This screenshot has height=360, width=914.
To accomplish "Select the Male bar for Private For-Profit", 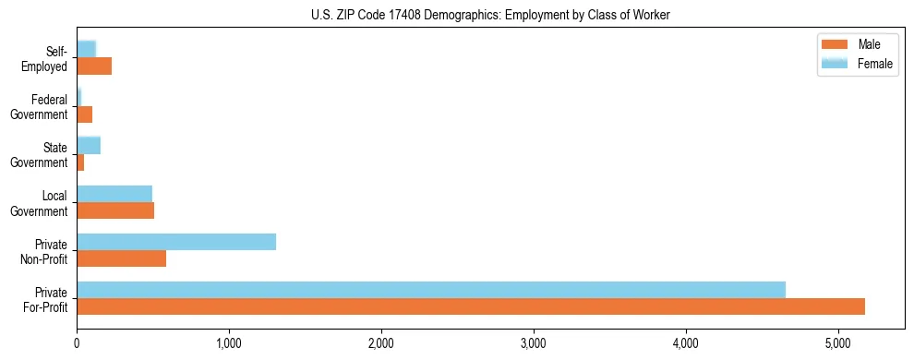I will tap(471, 306).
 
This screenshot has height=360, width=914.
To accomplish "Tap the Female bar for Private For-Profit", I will tap(431, 290).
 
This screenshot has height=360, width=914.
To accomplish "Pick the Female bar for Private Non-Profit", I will tap(176, 242).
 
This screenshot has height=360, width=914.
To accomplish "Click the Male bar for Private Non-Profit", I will tap(122, 258).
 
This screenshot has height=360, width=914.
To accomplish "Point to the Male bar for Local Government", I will tap(115, 210).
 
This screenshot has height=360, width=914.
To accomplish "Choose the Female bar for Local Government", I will tap(114, 194).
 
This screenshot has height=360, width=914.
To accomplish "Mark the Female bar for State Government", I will tap(89, 146).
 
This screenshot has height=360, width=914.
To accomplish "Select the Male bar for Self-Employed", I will tap(94, 66).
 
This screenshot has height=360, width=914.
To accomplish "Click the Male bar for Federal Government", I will tap(85, 114).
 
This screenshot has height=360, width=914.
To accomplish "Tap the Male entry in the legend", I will tap(869, 45).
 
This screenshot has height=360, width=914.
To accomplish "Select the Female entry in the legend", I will tap(874, 64).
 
